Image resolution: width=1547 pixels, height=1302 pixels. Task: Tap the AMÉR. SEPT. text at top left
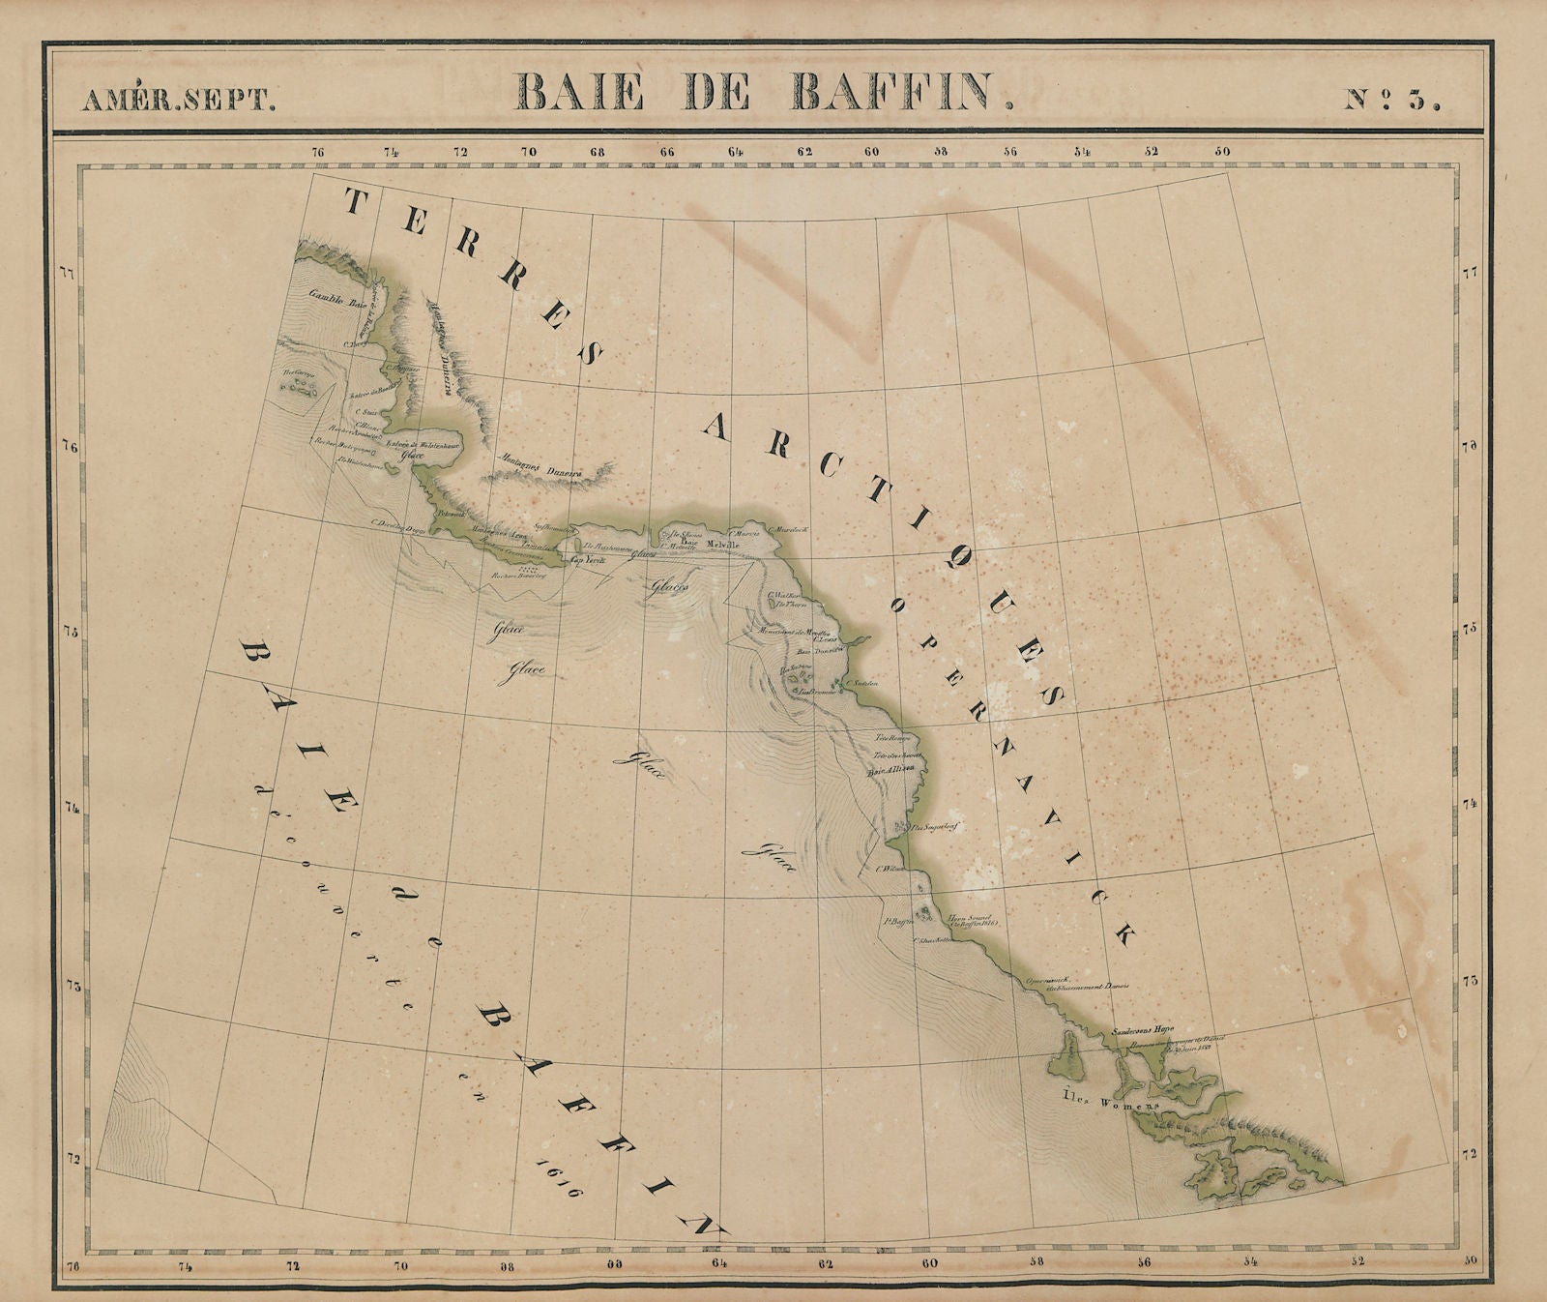tap(178, 101)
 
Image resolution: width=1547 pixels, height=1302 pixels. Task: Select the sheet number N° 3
tap(1392, 100)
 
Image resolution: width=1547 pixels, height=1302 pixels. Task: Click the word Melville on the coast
tap(723, 546)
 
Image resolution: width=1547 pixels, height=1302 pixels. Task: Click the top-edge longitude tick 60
tap(872, 151)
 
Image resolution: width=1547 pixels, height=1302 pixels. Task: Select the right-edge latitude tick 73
tap(1469, 980)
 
